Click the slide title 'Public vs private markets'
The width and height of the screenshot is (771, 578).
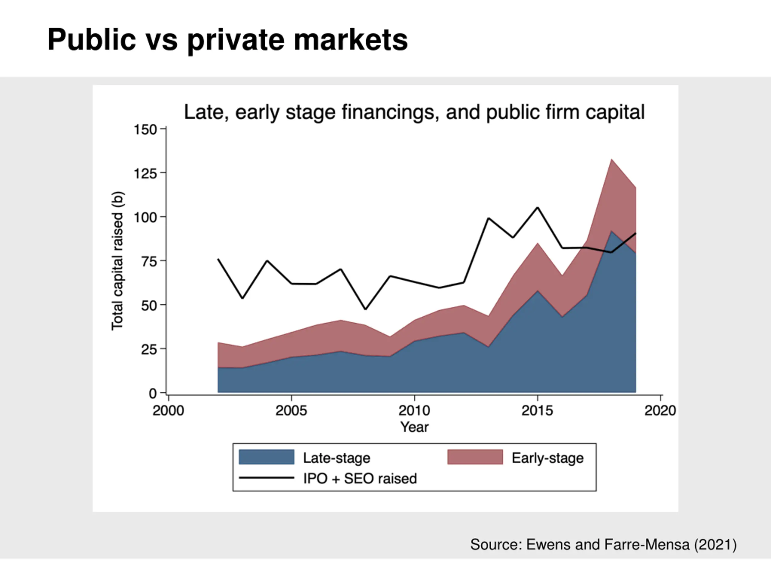[x=227, y=40]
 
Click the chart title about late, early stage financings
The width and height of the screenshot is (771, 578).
[x=414, y=112]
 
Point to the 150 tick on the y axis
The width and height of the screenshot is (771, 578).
[x=145, y=130]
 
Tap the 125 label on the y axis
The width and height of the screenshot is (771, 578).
[x=145, y=173]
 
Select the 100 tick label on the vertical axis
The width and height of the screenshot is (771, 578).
[x=145, y=217]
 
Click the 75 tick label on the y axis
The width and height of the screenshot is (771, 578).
[x=149, y=261]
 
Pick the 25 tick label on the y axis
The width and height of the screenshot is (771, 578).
[x=149, y=349]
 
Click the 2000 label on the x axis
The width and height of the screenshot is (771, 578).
[x=168, y=411]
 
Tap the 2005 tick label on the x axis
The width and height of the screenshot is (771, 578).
[x=291, y=411]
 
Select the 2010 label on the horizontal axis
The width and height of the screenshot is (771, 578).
[x=414, y=411]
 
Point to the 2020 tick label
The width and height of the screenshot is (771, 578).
[x=660, y=411]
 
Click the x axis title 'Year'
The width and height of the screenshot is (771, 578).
[x=414, y=427]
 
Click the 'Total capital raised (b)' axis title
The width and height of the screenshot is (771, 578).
[x=117, y=261]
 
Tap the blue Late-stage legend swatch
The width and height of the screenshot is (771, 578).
[x=266, y=457]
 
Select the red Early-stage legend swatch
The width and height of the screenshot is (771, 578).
[x=475, y=457]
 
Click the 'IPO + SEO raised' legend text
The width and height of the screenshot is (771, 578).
[x=360, y=478]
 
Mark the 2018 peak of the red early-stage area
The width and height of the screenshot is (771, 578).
[x=611, y=160]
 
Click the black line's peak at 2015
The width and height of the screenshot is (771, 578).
[x=538, y=208]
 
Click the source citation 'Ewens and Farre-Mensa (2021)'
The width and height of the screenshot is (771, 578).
[x=603, y=545]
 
